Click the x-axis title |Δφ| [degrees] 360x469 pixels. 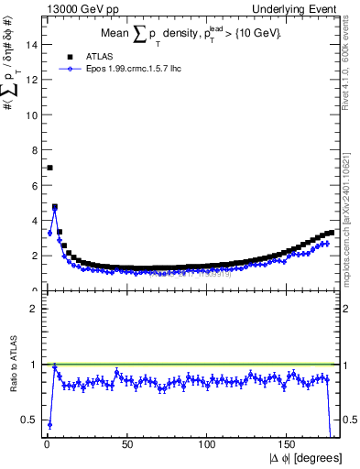point(306,457)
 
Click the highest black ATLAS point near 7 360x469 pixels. point(49,168)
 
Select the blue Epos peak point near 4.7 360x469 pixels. point(54,210)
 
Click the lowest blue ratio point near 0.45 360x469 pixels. point(49,425)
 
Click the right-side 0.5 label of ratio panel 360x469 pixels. point(350,420)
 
